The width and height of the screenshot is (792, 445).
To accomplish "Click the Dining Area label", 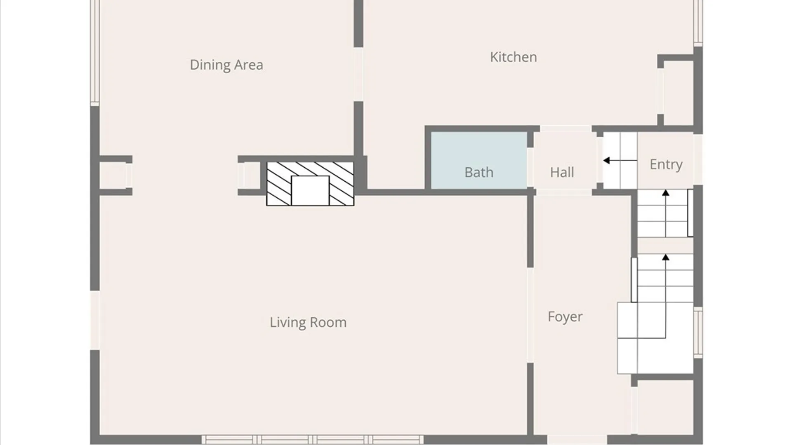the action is click(226, 65).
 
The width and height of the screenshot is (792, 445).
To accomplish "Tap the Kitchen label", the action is click(514, 57).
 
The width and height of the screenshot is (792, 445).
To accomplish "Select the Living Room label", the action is click(308, 322).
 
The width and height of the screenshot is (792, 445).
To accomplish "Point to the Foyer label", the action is click(565, 316).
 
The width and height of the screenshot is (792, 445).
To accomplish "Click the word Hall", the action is click(562, 172).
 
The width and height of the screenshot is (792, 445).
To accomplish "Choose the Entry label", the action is click(666, 164).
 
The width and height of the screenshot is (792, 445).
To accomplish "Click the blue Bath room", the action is click(479, 160).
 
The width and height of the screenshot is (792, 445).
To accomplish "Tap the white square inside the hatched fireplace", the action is click(310, 190).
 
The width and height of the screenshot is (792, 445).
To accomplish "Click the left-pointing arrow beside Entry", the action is click(620, 160).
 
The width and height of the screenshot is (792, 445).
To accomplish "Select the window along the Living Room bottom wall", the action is click(312, 439).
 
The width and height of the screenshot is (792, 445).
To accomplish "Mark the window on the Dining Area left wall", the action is click(95, 52).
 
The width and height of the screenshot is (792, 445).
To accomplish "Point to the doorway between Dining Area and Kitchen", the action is click(358, 75).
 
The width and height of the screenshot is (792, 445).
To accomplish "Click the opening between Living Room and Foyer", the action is click(530, 315).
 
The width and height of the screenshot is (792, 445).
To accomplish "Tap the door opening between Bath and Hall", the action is click(530, 168).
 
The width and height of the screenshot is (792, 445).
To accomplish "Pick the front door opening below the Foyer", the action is click(577, 440).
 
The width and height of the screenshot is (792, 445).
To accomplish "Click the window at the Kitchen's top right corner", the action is click(698, 22).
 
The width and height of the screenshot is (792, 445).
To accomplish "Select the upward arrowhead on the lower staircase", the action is click(665, 258).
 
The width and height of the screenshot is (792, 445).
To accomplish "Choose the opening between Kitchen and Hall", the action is click(566, 129).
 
